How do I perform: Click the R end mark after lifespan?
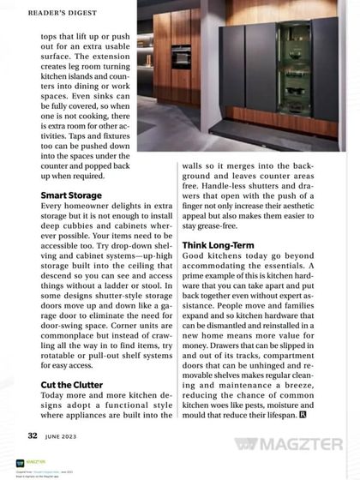[327, 415]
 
